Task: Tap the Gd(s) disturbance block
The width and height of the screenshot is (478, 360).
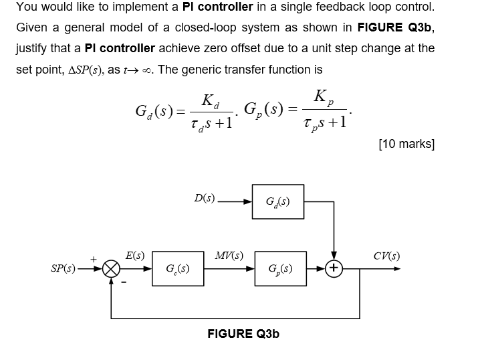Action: pyautogui.click(x=279, y=201)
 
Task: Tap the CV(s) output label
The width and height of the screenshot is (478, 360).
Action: pyautogui.click(x=388, y=255)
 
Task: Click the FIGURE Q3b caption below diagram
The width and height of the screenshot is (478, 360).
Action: pyautogui.click(x=243, y=333)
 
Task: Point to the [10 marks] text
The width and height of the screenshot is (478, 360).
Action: pyautogui.click(x=406, y=144)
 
